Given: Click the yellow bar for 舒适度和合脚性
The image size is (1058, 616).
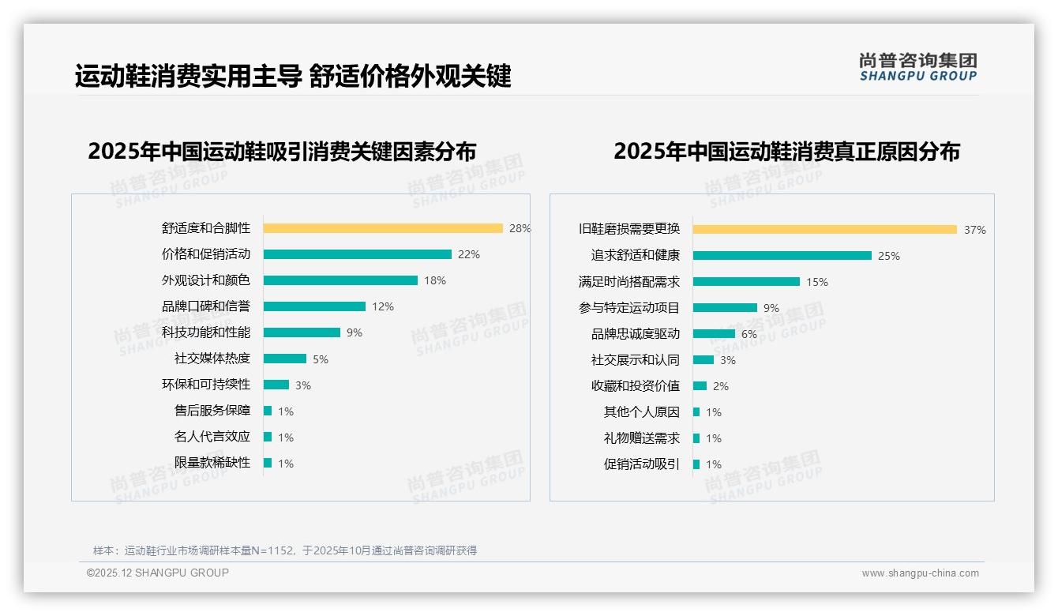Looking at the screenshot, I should point(383,228).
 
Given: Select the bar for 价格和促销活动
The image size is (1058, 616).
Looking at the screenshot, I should point(357,254).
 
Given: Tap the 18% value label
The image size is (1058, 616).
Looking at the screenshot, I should point(435,280).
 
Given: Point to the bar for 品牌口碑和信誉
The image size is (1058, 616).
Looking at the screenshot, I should point(314,306).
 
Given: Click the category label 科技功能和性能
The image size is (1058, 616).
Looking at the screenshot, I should point(206,332).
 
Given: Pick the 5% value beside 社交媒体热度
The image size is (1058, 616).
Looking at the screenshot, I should point(321,359).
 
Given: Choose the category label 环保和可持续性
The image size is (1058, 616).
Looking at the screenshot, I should point(206,385).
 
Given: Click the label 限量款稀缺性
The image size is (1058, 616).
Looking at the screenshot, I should point(212,463).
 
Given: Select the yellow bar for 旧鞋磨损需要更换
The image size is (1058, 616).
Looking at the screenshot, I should point(824,230).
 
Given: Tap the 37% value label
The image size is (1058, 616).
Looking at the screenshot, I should point(974,231).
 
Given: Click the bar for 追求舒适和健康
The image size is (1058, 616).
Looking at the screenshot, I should point(782,256).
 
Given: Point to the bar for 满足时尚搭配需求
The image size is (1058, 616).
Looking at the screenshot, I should point(746,282).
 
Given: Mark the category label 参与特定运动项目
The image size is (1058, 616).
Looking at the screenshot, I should point(629,308).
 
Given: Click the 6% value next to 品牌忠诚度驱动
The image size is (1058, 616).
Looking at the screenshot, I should point(748,334).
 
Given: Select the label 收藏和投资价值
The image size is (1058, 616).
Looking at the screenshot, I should point(636,386).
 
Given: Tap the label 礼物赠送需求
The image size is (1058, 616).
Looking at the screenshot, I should point(642,438).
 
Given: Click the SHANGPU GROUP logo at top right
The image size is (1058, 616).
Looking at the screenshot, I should point(918,67).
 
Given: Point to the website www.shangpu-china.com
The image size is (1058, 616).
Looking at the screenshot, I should point(920,573).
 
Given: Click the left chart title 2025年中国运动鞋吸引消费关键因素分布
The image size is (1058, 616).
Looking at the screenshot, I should point(282,152).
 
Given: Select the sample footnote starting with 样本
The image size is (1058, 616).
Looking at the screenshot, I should point(285,550).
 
